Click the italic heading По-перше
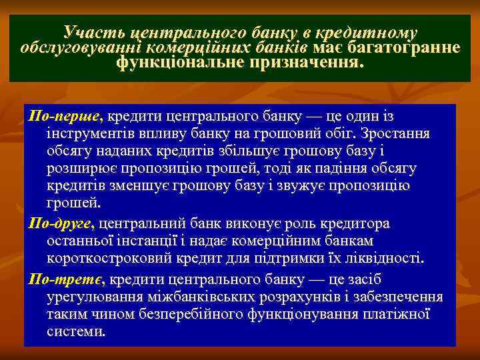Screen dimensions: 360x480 coord(63,117)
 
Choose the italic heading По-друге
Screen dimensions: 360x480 coord(63,223)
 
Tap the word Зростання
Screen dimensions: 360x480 coord(387,134)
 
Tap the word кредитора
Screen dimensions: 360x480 coord(354,223)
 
